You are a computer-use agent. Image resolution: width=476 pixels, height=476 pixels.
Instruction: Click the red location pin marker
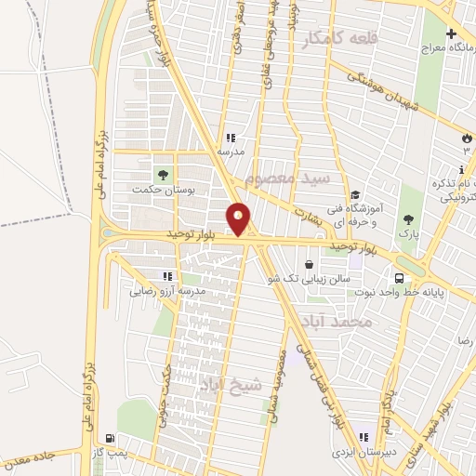[x=240, y=218]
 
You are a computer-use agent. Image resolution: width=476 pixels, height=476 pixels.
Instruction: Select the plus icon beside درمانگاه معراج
[x=451, y=34]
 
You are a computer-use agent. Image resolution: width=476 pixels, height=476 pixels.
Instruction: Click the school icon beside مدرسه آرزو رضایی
[x=168, y=276]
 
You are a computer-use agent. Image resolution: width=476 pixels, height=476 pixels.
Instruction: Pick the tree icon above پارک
[x=407, y=219]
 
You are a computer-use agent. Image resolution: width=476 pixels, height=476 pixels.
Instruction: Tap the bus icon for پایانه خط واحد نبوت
[x=400, y=277]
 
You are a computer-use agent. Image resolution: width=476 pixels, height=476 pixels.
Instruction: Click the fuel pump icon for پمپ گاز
[x=112, y=438]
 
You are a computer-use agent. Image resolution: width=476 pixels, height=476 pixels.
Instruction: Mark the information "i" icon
[x=462, y=169]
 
